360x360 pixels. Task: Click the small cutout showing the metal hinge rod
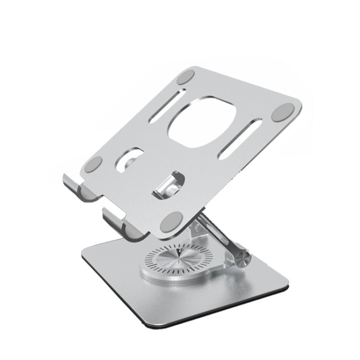click(169, 184)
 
